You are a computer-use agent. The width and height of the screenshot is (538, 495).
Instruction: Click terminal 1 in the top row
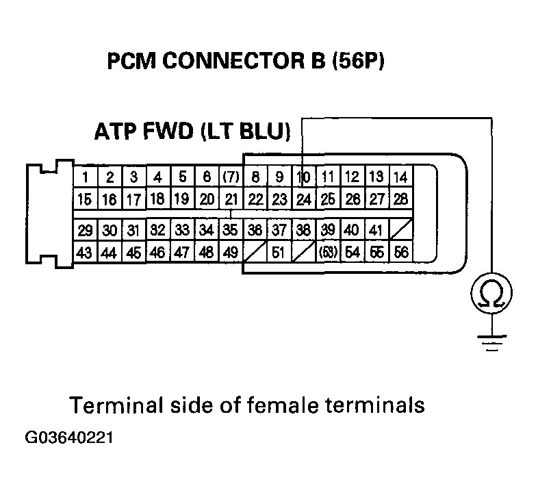click(x=85, y=178)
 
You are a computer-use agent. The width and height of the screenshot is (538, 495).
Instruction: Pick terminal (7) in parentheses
click(x=231, y=178)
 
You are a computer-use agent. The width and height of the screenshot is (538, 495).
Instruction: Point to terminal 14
click(x=400, y=178)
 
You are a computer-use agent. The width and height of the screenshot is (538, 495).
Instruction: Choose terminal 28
click(x=400, y=200)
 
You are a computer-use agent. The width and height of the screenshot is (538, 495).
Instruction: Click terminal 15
click(x=85, y=200)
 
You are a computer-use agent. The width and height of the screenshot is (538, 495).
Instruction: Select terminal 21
click(x=231, y=200)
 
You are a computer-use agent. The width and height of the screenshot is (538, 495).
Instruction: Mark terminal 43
click(x=85, y=253)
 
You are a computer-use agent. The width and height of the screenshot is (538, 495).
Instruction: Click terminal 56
click(x=401, y=253)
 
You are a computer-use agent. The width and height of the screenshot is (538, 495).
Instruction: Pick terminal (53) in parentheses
click(x=329, y=253)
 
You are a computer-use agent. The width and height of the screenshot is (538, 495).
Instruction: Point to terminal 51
click(x=279, y=253)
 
